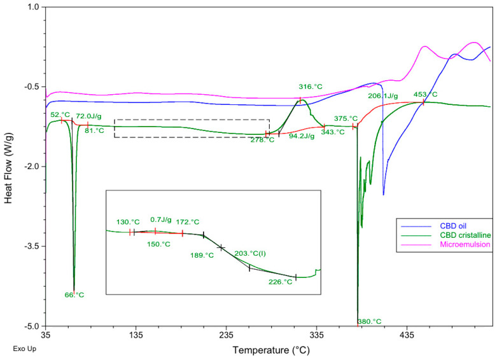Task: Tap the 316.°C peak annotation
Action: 311,87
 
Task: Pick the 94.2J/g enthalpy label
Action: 302,136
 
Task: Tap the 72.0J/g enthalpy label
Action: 90,116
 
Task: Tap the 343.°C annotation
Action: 332,132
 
